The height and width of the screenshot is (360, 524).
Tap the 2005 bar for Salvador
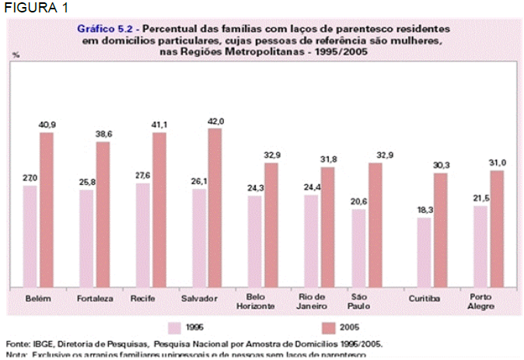click(215, 208)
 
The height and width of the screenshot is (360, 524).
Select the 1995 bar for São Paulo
click(358, 248)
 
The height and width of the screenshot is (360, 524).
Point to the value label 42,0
click(215, 121)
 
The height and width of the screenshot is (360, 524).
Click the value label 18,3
click(423, 211)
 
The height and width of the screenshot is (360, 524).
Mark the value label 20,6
click(358, 202)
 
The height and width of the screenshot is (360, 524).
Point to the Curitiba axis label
click(424, 299)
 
